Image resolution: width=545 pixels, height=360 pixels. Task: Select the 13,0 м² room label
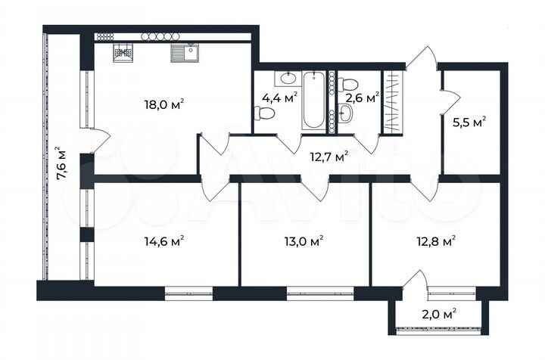click(306, 241)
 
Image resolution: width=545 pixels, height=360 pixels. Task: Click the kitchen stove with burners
click(123, 53)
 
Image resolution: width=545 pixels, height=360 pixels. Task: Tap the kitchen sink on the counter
click(184, 53)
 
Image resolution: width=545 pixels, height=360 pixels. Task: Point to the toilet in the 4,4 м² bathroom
click(263, 114)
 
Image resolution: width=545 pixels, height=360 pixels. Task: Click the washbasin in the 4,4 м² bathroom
click(288, 77)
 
